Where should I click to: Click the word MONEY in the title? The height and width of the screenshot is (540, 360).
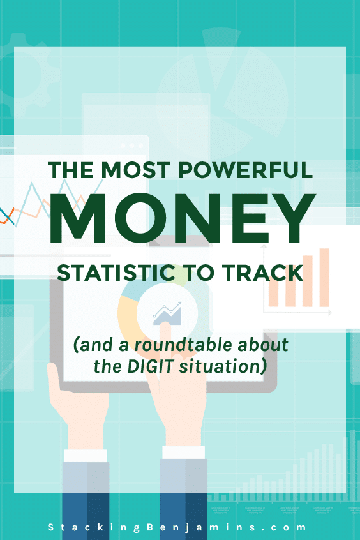click(183, 218)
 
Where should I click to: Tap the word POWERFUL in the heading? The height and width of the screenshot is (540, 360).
click(246, 170)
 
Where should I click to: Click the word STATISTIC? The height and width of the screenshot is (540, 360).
click(116, 273)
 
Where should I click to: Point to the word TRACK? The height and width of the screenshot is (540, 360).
click(262, 273)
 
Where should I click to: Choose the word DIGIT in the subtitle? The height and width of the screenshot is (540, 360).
click(150, 366)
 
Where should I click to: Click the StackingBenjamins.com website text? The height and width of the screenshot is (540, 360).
click(177, 527)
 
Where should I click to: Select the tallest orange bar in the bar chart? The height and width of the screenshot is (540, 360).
click(324, 278)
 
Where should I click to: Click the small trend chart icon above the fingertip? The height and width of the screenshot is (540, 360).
click(167, 313)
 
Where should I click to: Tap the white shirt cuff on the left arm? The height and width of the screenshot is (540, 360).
click(86, 456)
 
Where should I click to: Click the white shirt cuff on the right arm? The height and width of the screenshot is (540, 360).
click(183, 453)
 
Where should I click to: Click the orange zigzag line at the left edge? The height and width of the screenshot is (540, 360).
click(7, 215)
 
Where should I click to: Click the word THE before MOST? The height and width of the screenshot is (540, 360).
click(71, 170)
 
